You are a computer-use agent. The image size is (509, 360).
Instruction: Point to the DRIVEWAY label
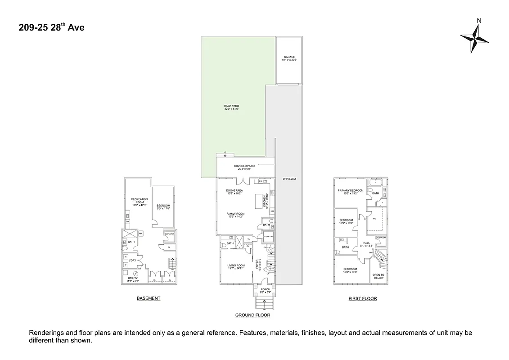click(289, 179)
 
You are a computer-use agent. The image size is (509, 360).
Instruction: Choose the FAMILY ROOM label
click(235, 215)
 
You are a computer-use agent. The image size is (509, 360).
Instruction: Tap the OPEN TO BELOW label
click(378, 276)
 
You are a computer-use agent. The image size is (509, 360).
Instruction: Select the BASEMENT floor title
click(149, 298)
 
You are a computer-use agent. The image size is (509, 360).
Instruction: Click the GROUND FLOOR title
click(252, 315)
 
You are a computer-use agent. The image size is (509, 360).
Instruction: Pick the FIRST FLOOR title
click(362, 298)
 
